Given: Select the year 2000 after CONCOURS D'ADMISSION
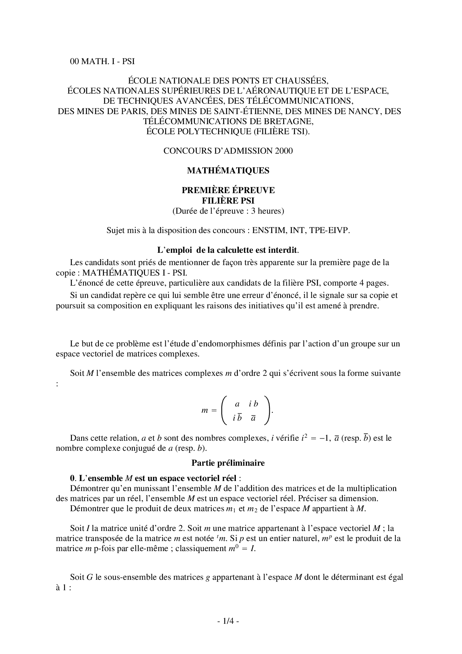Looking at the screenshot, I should pos(284,151).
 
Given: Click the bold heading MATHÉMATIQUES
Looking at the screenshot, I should pos(228,170).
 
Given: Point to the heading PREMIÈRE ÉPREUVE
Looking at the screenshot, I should pos(228,190).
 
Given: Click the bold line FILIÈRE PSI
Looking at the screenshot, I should pos(228,201).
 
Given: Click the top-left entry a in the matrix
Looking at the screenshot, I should pos(237,404).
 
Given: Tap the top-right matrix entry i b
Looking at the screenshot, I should pos(253,404).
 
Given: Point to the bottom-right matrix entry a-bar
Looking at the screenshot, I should pos(253,418).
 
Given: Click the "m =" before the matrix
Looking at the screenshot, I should pos(209,411).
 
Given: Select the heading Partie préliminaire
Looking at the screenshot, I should pos(228,463).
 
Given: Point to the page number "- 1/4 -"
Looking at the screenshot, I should pos(228,621).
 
